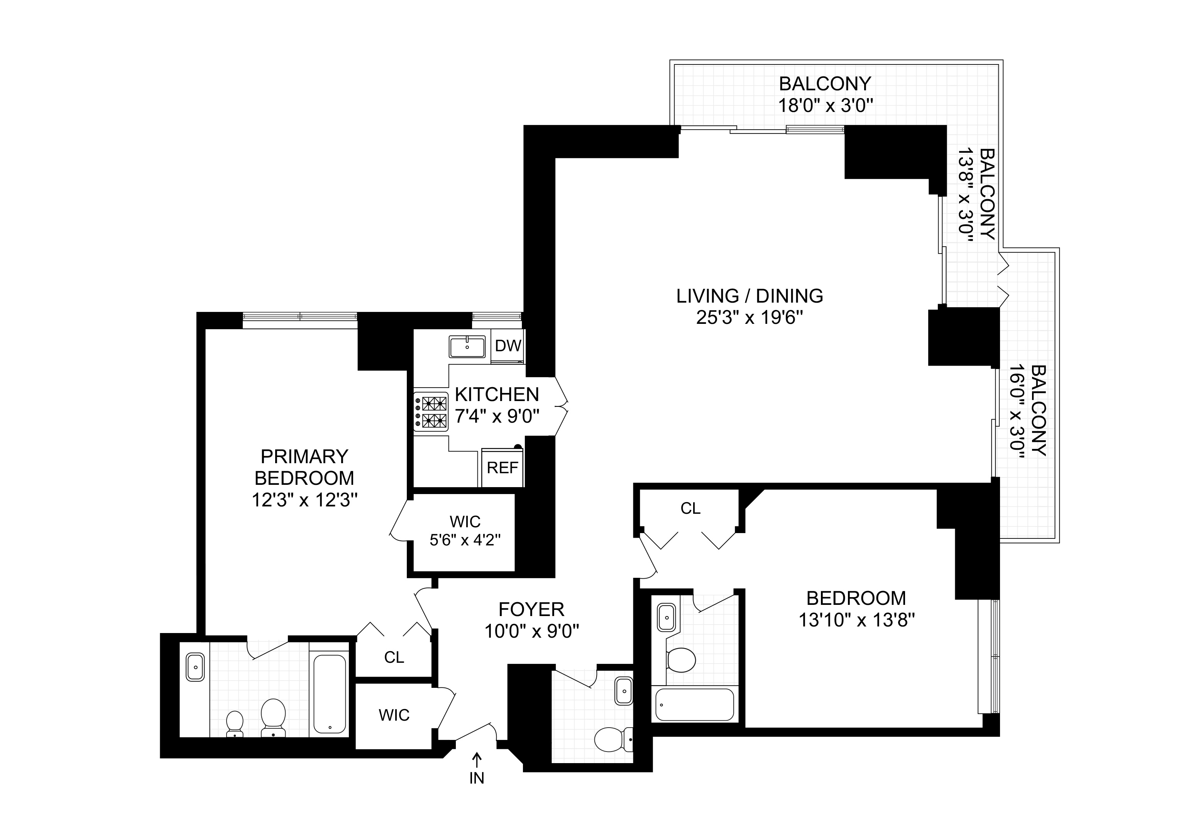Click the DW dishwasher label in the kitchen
click(508, 346)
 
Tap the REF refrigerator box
click(502, 467)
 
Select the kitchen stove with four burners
click(431, 412)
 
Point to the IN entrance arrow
click(476, 768)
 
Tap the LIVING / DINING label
click(749, 296)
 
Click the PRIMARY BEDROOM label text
click(304, 467)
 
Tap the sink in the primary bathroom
click(195, 667)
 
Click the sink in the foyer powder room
click(624, 691)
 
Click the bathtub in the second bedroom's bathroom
click(694, 705)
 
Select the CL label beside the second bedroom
click(690, 508)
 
